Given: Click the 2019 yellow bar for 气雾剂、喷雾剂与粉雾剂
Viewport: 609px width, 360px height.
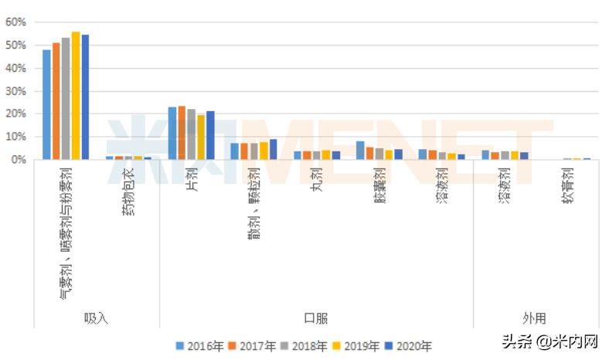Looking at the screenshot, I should coord(76,96).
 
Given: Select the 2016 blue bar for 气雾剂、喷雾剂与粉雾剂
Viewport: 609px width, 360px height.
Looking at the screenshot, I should coord(46,104).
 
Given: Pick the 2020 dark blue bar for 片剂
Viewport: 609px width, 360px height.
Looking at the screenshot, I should coord(210,135).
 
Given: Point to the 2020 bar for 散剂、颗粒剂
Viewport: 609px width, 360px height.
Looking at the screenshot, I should coord(273,149).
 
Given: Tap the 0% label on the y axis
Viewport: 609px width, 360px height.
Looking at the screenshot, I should coord(19,159).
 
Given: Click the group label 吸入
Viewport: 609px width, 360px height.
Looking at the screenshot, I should coord(96,318).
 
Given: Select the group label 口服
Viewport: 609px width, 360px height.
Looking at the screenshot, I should coord(315,318).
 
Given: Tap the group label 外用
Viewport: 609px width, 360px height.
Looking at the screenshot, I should coord(534,318).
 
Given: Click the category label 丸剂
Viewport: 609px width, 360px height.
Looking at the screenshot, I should coord(316,182).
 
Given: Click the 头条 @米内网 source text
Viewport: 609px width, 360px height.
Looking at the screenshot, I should coord(550,341).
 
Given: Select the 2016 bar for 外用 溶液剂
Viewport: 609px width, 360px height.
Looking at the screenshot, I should coord(485,155).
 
